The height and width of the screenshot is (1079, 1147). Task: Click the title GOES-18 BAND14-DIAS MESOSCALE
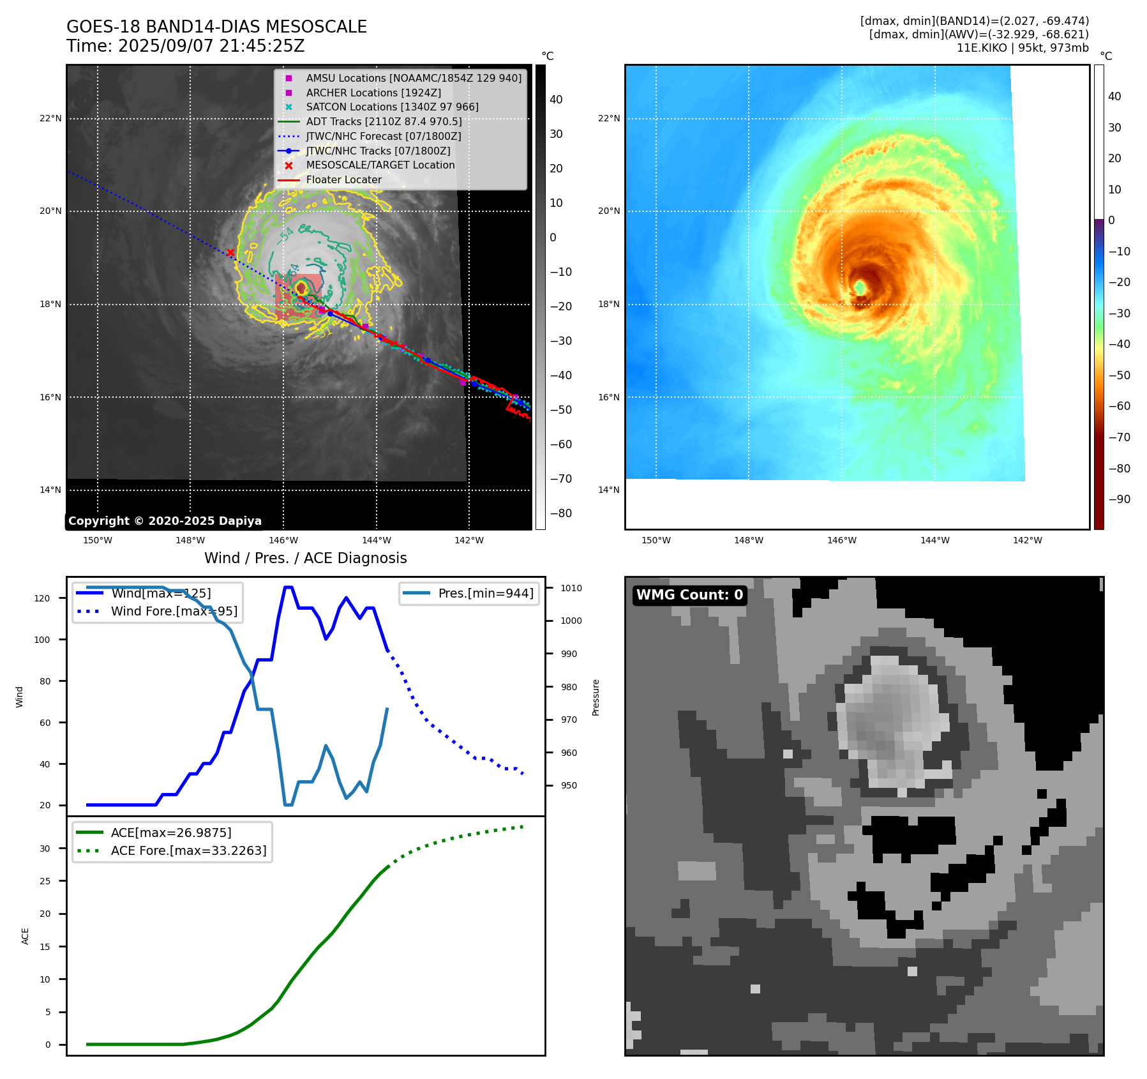point(216,27)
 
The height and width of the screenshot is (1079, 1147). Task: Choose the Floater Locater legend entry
point(343,179)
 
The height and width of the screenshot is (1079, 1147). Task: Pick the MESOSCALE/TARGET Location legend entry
point(380,165)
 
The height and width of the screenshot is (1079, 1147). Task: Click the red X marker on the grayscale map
point(230,253)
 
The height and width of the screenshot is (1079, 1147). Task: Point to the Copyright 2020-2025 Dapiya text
point(165,521)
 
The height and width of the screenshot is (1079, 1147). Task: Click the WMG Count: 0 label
point(689,594)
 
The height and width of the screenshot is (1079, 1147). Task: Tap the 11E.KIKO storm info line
point(1022,48)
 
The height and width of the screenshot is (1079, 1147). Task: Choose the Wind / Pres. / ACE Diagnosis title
point(305,558)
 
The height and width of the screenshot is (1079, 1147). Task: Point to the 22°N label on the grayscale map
point(50,118)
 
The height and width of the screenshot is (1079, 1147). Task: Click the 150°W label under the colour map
point(656,540)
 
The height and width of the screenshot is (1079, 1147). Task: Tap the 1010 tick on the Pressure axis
point(571,588)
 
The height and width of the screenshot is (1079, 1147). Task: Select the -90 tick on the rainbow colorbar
point(1119,499)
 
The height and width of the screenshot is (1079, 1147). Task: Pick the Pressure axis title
point(596,697)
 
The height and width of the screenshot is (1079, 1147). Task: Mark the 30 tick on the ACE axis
point(45,849)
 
